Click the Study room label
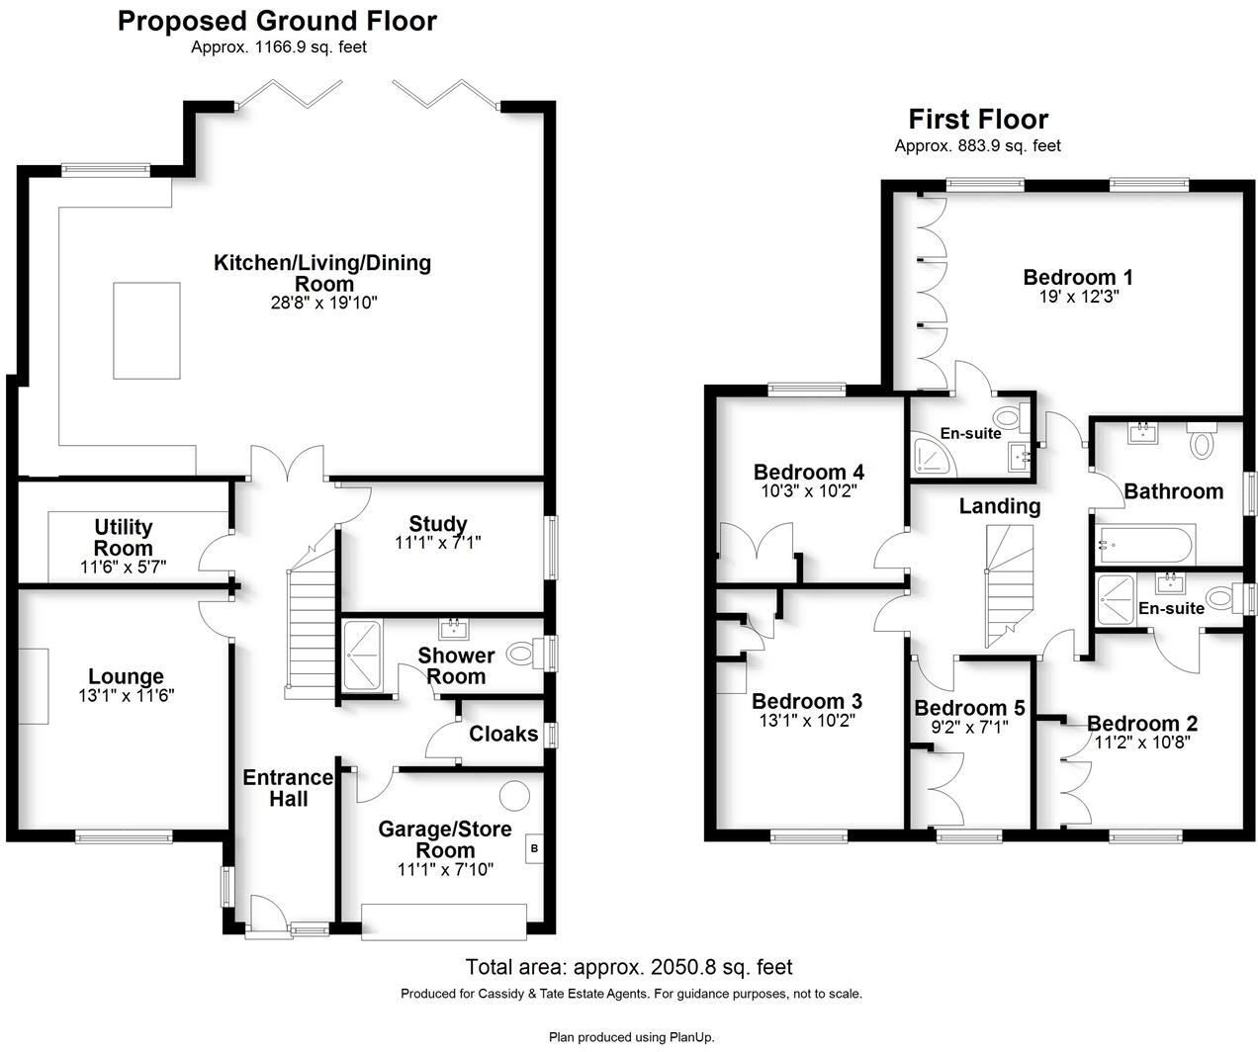click(438, 524)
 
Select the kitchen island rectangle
click(146, 330)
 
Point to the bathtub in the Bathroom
click(1146, 543)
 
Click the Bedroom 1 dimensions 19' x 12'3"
click(1077, 296)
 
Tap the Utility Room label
click(124, 537)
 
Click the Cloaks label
click(503, 734)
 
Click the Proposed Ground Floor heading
click(277, 21)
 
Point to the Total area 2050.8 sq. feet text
click(629, 967)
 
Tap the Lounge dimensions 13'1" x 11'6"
click(126, 695)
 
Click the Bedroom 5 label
click(969, 708)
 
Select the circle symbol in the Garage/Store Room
click(513, 794)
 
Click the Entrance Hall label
click(288, 788)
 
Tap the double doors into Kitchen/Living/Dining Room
click(288, 465)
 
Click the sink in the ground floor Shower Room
click(454, 628)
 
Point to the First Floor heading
click(977, 120)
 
